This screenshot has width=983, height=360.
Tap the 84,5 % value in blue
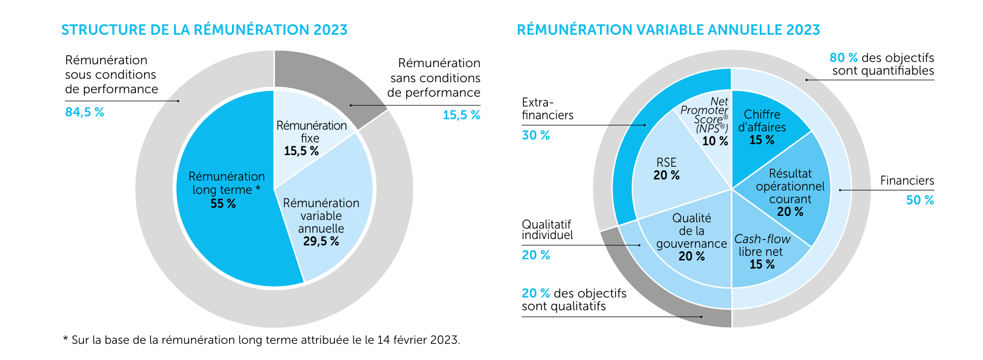pyautogui.click(x=84, y=112)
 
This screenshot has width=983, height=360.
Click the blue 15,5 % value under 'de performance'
pyautogui.click(x=461, y=115)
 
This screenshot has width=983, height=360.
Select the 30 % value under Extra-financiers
pyautogui.click(x=536, y=135)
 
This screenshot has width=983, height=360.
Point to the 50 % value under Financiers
pyautogui.click(x=920, y=200)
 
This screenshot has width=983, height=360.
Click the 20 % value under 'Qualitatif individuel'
pyautogui.click(x=536, y=255)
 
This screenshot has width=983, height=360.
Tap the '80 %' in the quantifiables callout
pyautogui.click(x=844, y=58)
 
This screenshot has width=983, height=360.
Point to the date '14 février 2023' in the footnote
pyautogui.click(x=417, y=340)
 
